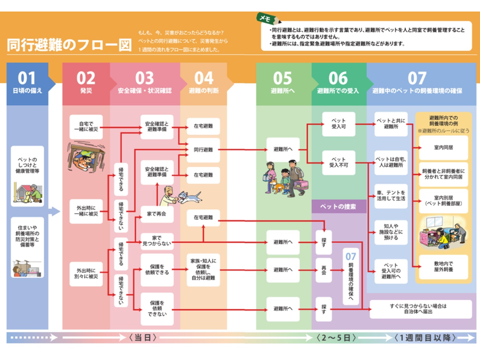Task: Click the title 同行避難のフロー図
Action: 69,45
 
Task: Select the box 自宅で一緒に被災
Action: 86,127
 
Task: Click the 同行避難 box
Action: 203,150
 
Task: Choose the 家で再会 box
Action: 157,214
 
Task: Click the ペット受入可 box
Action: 338,124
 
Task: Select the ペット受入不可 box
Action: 338,162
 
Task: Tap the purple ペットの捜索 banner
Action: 339,207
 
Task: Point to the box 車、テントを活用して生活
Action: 391,195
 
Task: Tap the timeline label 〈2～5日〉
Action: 336,338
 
